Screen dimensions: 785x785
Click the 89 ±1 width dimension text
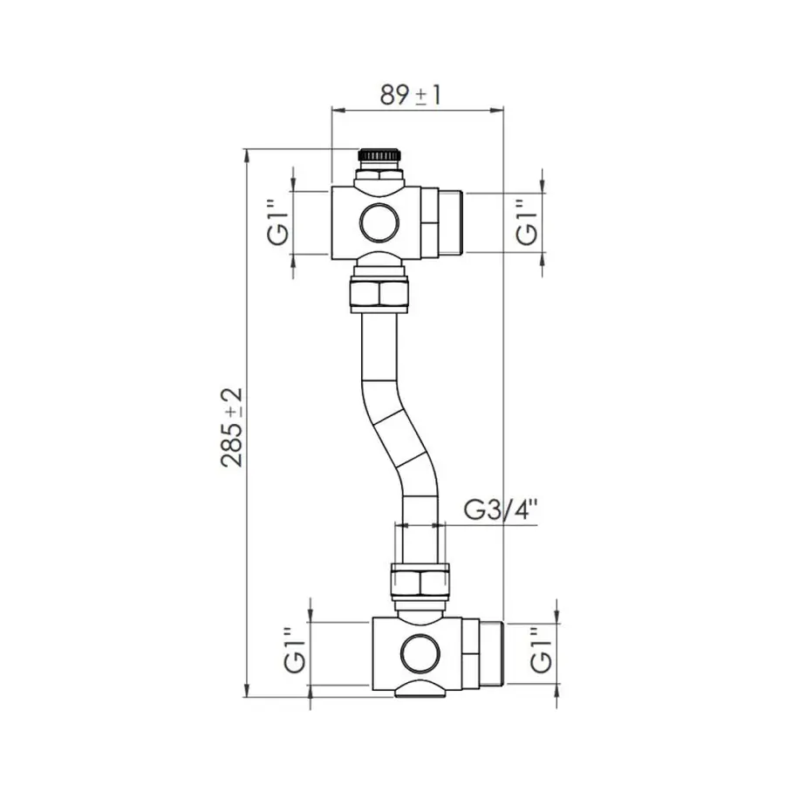click(x=410, y=94)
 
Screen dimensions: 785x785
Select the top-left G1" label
click(x=278, y=223)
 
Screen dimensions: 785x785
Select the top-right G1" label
click(x=526, y=222)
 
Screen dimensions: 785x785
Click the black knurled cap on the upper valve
click(x=382, y=155)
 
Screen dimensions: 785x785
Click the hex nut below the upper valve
click(x=382, y=294)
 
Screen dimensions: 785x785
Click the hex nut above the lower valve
click(x=420, y=580)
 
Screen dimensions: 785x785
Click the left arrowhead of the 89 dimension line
click(x=337, y=110)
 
